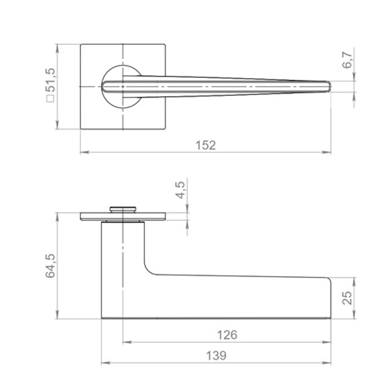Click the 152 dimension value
[x=206, y=145]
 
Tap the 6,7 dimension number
[x=347, y=60]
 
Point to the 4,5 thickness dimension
[x=180, y=190]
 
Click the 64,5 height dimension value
[x=50, y=266]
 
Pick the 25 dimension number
[x=347, y=298]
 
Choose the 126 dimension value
[x=227, y=335]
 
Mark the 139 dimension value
[x=216, y=355]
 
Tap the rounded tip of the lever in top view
[x=329, y=86]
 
